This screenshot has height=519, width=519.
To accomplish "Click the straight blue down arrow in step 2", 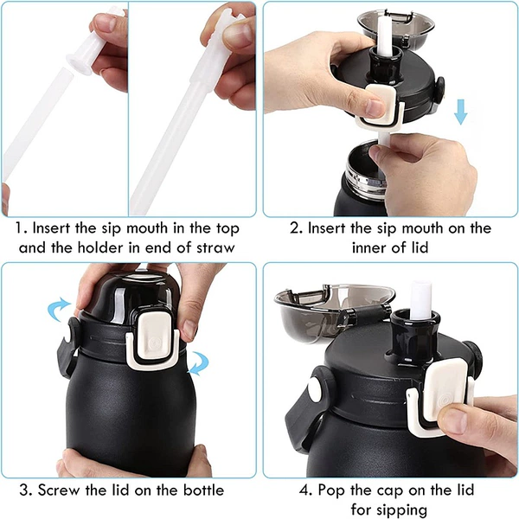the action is (460, 112).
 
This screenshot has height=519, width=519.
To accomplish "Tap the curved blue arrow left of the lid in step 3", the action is (58, 309).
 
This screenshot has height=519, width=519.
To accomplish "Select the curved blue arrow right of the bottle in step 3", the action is (199, 363).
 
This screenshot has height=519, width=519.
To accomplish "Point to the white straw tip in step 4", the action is (420, 300).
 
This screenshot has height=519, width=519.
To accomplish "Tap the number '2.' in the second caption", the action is (296, 228).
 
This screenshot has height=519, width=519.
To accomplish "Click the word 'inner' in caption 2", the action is (368, 247).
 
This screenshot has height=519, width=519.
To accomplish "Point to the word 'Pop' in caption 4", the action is (331, 490).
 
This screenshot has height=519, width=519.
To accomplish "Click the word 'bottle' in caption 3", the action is (203, 490).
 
